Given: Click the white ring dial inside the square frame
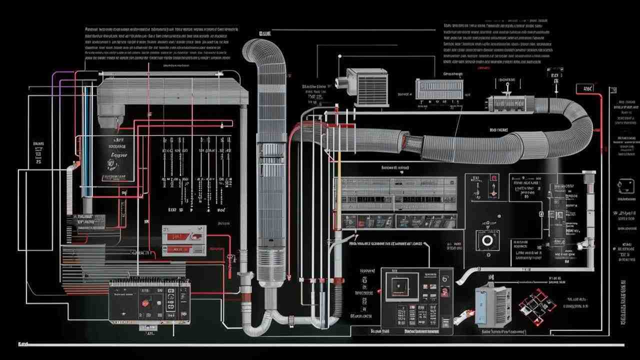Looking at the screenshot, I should point(486,240).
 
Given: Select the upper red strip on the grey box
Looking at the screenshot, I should point(183,234).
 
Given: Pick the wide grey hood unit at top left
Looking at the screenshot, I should point(172,91).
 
